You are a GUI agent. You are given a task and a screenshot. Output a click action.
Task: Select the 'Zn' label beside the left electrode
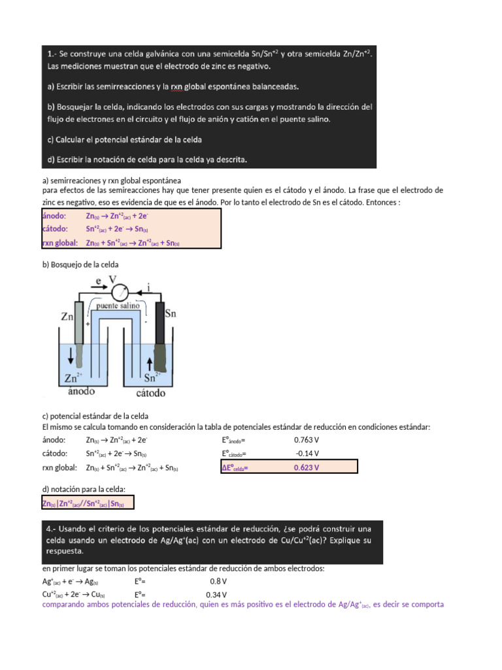(x=67, y=317)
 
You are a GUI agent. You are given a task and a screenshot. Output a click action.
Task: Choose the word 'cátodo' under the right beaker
(x=150, y=393)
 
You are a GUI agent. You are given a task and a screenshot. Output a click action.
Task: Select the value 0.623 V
(x=307, y=467)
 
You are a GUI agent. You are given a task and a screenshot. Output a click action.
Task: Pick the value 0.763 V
(x=307, y=440)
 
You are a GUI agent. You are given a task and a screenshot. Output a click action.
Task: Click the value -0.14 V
(x=307, y=453)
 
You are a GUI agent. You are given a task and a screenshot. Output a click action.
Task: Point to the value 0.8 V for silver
(x=218, y=581)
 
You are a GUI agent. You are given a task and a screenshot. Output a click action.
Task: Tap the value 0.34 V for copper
(x=216, y=595)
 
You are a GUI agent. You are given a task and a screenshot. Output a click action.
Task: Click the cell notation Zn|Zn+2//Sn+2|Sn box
(x=88, y=502)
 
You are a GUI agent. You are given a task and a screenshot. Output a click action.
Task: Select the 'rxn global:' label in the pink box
(x=60, y=243)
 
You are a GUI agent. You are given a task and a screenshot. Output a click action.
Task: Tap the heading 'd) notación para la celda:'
(x=83, y=490)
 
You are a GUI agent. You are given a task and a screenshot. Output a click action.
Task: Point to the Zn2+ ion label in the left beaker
(x=74, y=378)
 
